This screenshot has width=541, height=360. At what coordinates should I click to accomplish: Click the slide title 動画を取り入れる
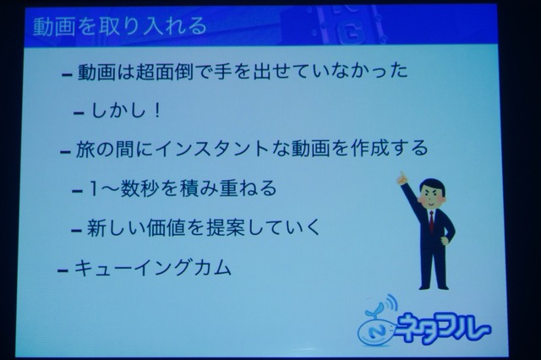tap(120, 26)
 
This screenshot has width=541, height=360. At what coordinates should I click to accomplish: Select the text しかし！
tap(126, 111)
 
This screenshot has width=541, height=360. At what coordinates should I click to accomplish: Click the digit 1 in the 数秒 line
tap(94, 188)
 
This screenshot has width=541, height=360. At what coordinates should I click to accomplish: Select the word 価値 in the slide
tap(166, 228)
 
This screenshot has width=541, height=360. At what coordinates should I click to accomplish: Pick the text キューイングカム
tap(152, 268)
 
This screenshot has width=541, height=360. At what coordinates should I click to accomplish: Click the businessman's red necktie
tap(431, 221)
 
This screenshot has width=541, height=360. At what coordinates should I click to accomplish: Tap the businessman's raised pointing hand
tap(402, 177)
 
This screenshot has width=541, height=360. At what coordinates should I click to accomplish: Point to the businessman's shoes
tap(434, 286)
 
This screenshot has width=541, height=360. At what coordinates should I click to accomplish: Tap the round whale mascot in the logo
tap(375, 330)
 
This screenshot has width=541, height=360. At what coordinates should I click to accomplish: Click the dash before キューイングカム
tap(63, 270)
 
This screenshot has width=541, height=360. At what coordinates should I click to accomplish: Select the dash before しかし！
tap(79, 112)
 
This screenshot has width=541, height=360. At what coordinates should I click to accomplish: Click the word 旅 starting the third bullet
tap(85, 149)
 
